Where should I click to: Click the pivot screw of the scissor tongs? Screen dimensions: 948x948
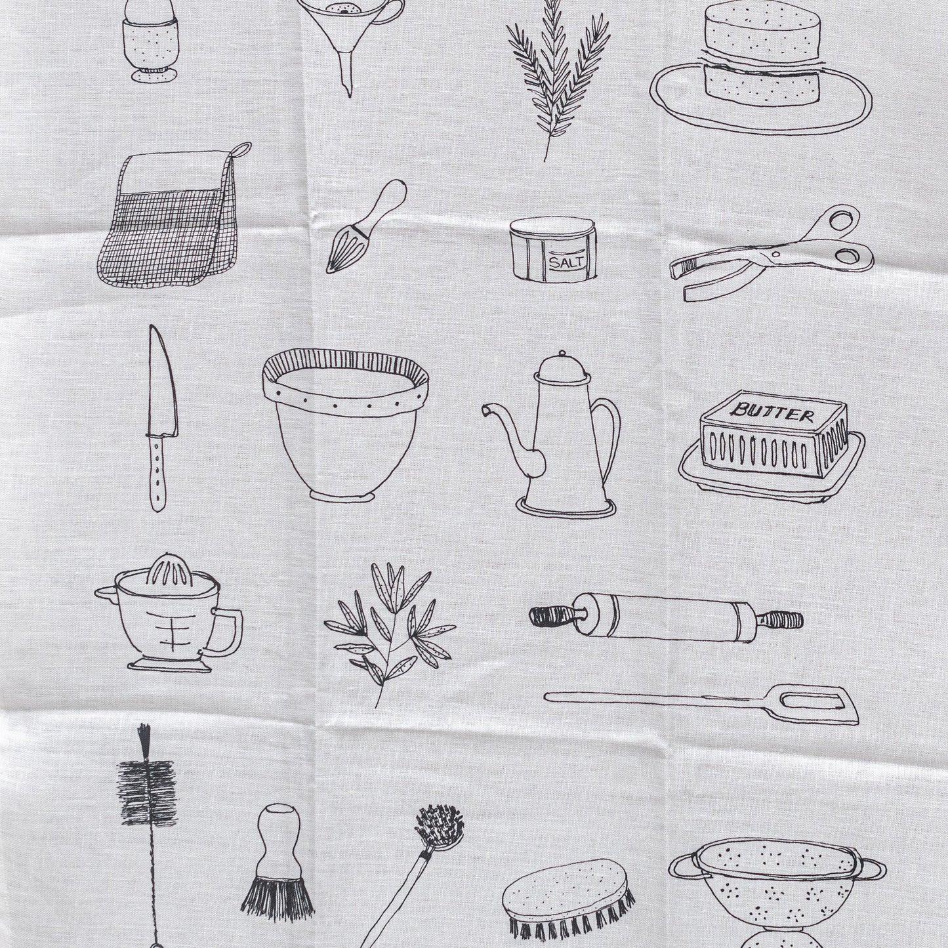coord(777,254)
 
